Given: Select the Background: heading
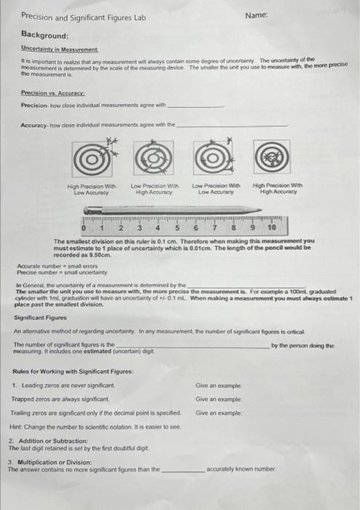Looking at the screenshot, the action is [44, 35].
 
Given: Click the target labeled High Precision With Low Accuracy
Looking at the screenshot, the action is [90, 158].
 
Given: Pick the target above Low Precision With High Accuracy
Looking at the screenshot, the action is [152, 158].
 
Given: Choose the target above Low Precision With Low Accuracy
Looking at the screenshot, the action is [214, 158].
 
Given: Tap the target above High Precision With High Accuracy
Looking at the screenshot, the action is [273, 158].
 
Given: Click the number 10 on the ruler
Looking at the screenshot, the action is [272, 228].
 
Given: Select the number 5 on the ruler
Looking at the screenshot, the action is [177, 228].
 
